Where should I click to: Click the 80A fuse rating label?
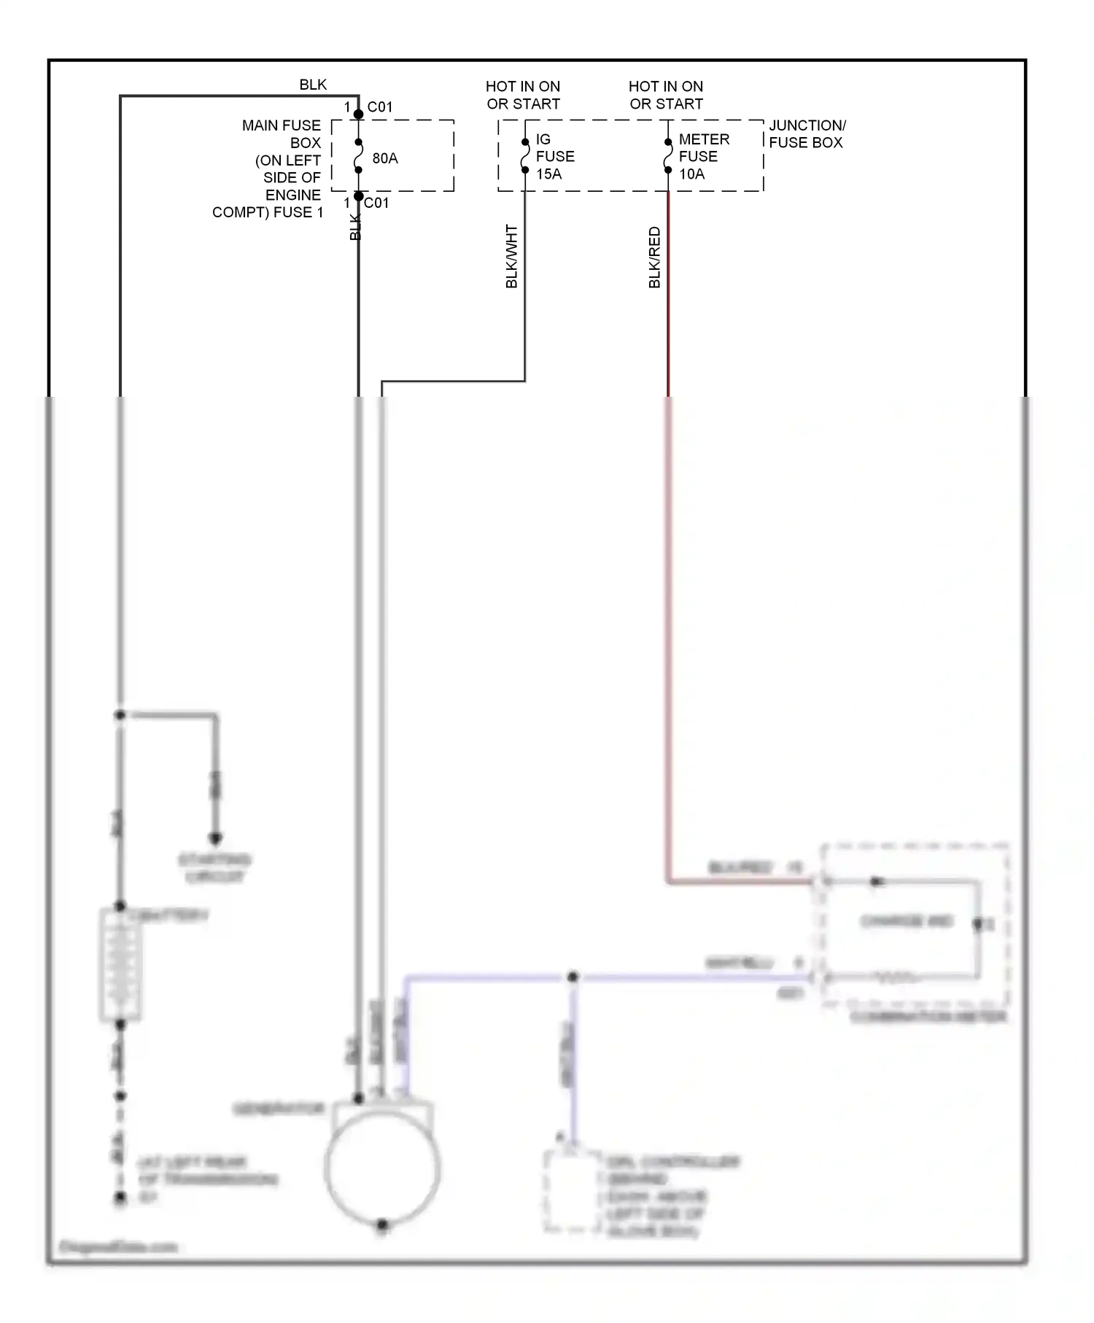click(384, 158)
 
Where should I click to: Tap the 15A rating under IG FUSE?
click(548, 174)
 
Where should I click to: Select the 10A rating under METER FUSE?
click(691, 174)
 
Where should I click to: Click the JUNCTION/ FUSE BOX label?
click(807, 134)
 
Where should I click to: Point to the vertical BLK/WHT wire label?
click(511, 256)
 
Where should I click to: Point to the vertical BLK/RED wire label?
click(654, 257)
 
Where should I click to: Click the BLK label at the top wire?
click(313, 85)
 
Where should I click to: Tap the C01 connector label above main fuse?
click(379, 106)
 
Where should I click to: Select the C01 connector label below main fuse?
click(376, 203)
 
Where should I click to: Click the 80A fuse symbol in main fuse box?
click(358, 156)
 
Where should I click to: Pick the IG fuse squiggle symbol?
click(525, 156)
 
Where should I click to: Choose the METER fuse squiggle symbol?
click(668, 156)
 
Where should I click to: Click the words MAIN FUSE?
click(281, 125)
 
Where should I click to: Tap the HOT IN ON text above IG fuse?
click(523, 86)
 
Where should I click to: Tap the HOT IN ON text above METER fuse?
click(666, 86)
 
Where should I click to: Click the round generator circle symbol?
click(382, 1168)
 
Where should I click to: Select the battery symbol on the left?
click(120, 964)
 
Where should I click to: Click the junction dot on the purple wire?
click(573, 976)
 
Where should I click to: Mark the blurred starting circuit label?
click(214, 868)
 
